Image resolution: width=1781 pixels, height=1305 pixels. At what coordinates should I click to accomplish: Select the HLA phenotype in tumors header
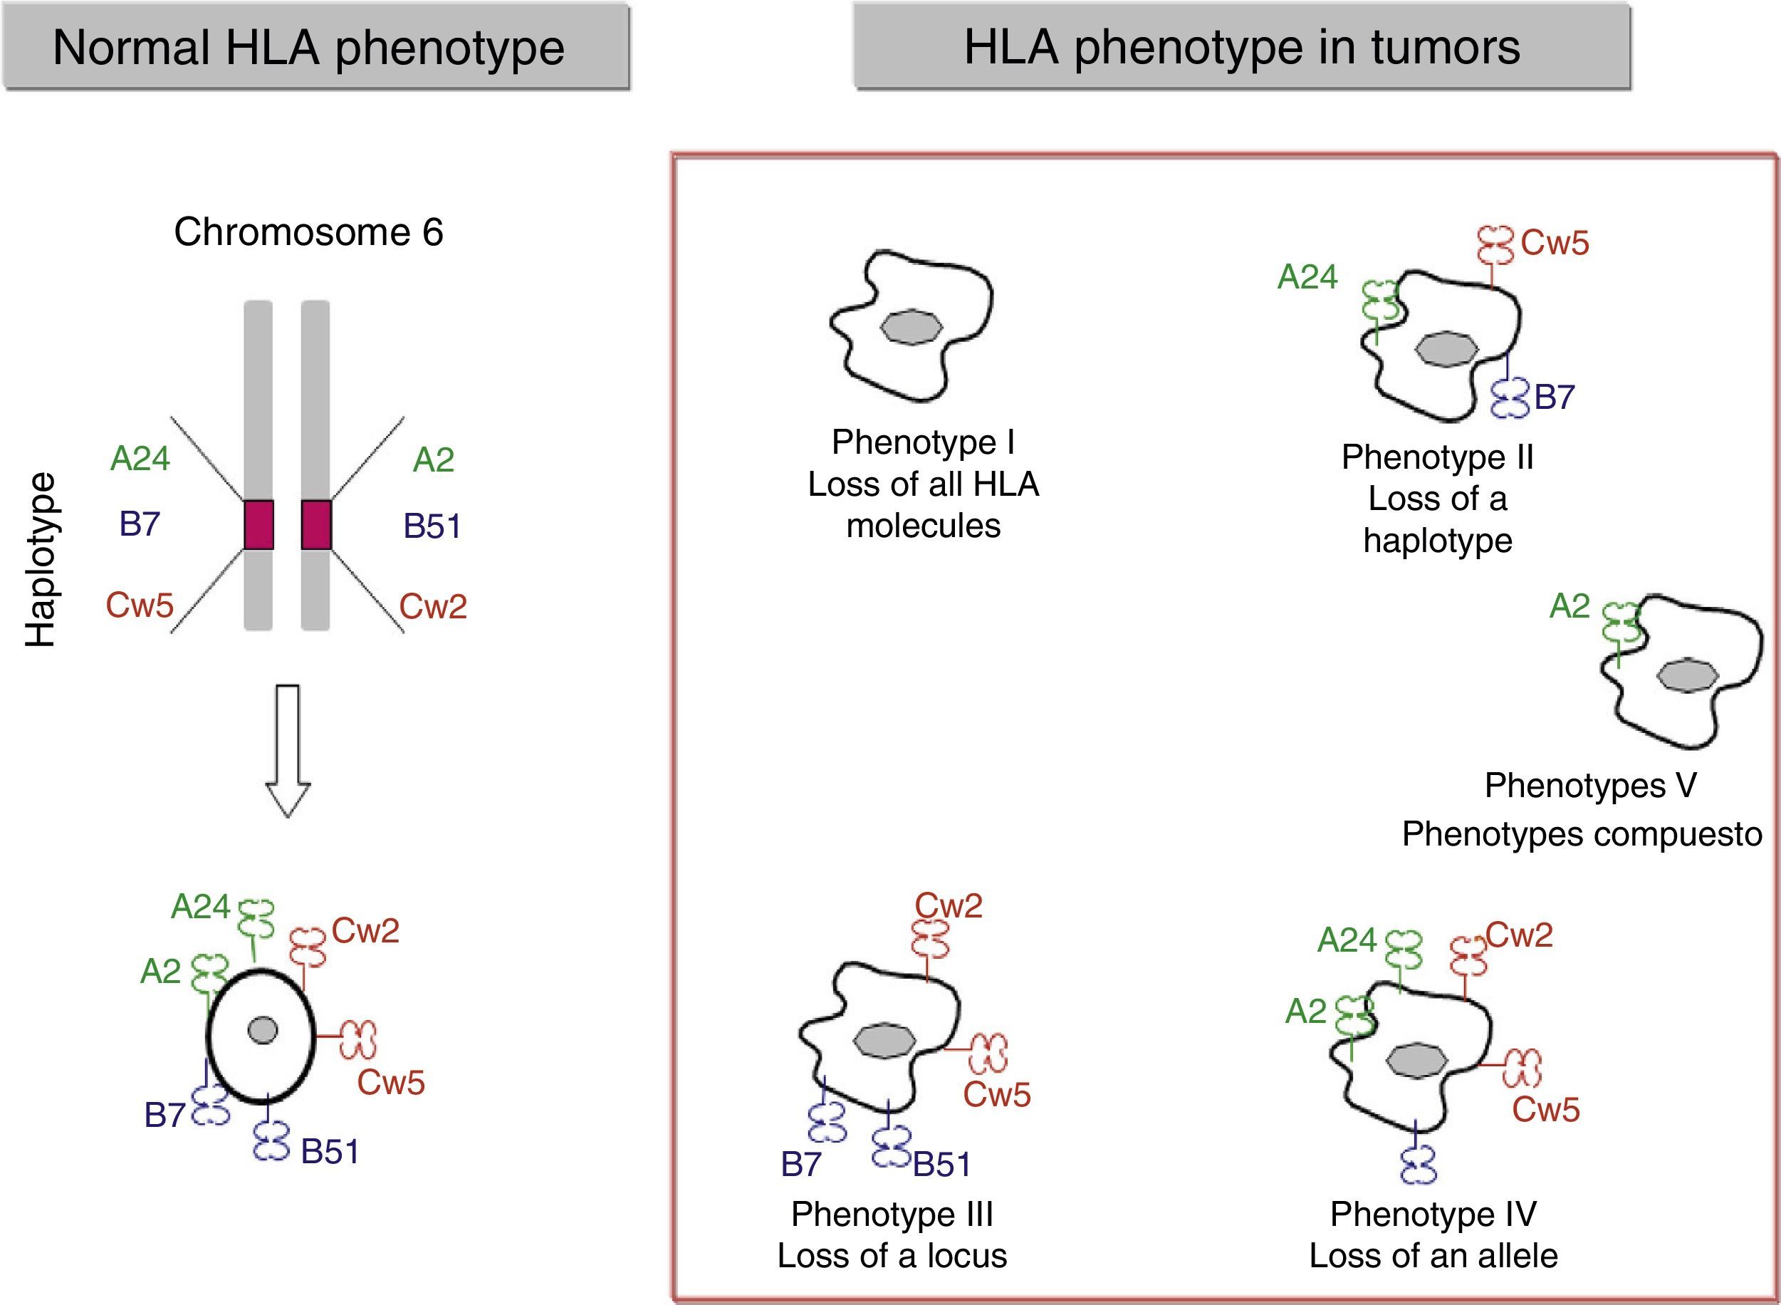point(1241,46)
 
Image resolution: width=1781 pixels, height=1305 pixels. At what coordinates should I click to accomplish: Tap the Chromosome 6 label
point(308,232)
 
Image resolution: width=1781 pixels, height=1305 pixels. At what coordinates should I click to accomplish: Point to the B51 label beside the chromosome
point(432,526)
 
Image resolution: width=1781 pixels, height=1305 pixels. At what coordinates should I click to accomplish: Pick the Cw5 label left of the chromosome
point(140,605)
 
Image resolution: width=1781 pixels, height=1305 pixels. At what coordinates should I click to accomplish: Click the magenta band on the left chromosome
point(258,524)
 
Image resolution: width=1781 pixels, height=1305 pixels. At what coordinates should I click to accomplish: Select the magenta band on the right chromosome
point(316,524)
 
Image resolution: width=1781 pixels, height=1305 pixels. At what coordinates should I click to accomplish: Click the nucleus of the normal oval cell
point(262,1030)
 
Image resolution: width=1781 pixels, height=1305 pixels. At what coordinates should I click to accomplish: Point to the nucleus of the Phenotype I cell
point(912,327)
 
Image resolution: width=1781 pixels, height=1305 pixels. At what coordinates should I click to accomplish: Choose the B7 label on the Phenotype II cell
point(1555,397)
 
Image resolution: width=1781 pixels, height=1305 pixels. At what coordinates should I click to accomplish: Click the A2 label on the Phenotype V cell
point(1570,606)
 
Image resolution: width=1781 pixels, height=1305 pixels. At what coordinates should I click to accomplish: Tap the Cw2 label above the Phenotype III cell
point(949,906)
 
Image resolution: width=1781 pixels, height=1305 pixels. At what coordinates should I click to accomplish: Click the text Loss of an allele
point(1433,1256)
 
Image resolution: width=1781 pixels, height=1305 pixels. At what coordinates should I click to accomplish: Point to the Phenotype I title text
point(922,442)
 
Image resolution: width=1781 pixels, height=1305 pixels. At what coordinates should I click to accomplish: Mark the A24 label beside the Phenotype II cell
point(1308,277)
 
